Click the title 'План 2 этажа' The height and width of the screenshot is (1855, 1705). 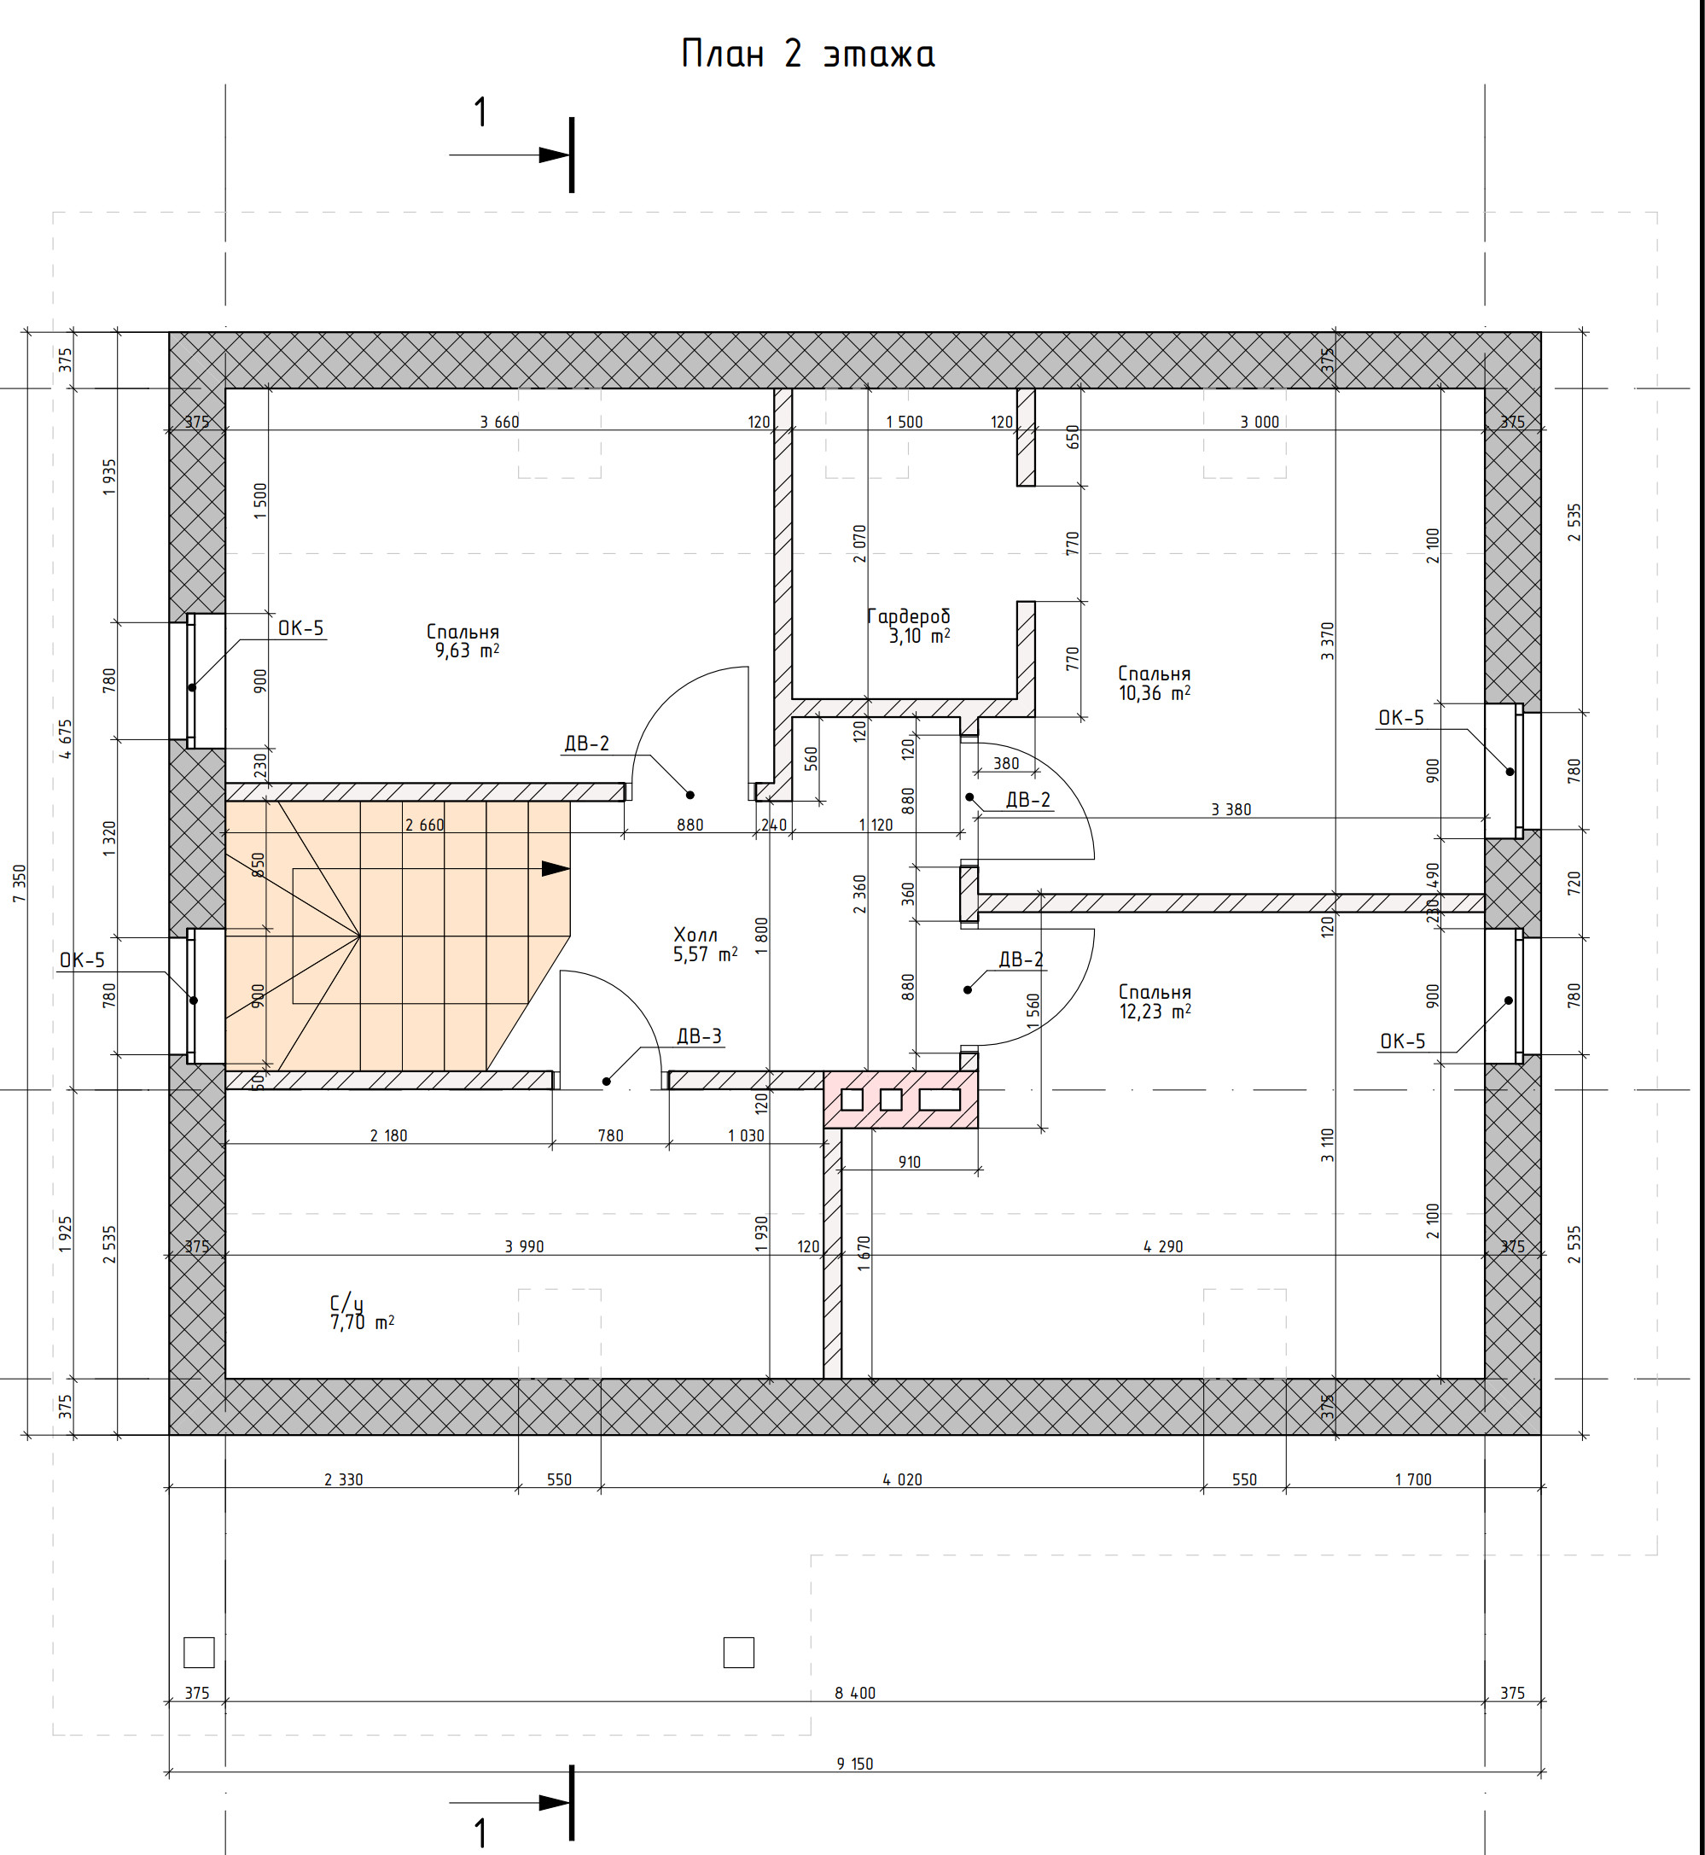click(x=807, y=55)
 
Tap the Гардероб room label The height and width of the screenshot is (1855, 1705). click(x=909, y=615)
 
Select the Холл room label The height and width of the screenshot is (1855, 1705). click(x=695, y=935)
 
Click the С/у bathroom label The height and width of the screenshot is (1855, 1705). click(x=347, y=1304)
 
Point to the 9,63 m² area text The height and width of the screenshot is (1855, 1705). click(x=467, y=650)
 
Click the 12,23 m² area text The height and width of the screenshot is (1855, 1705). click(x=1155, y=1012)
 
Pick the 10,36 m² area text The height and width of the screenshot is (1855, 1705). click(x=1155, y=693)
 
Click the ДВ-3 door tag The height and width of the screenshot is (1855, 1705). click(x=700, y=1036)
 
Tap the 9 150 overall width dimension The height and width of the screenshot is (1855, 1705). click(x=854, y=1764)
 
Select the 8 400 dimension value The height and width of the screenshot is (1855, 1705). click(x=854, y=1693)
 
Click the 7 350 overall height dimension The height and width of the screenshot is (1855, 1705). click(x=20, y=884)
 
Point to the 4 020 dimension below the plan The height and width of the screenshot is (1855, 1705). click(x=902, y=1479)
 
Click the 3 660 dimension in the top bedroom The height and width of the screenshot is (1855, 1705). click(x=499, y=422)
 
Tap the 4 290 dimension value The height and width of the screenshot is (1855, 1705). click(x=1162, y=1247)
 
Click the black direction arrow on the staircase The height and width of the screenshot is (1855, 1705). click(x=556, y=868)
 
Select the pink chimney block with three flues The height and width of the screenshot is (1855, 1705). click(x=900, y=1100)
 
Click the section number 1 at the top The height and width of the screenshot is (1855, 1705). click(x=480, y=113)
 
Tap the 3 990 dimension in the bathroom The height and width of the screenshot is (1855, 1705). click(x=524, y=1247)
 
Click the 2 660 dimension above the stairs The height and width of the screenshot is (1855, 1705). click(x=424, y=825)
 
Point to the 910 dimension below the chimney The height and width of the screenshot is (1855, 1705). click(x=910, y=1162)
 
